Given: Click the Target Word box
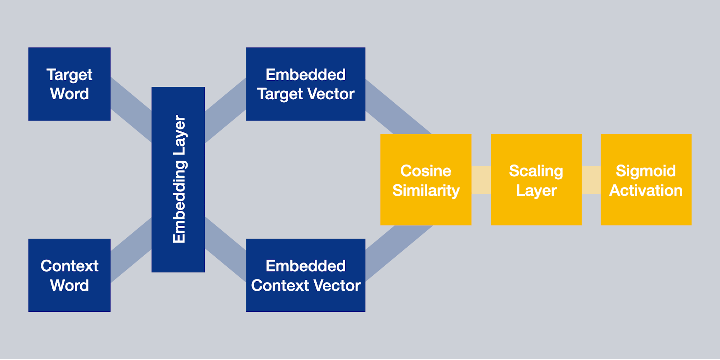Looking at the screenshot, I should point(69,84).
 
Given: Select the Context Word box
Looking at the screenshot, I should point(69,275).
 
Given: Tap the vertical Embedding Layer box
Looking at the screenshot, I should point(178,179).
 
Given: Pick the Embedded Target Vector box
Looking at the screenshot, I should point(305,84).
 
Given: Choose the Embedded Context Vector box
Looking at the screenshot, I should point(305,275).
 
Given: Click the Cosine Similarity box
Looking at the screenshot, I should point(426,180).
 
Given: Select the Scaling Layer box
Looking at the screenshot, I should point(536,180).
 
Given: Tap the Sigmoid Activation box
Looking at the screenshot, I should point(646,180).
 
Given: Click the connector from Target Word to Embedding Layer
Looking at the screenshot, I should point(131,109).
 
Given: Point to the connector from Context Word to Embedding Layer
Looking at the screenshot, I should point(131,249).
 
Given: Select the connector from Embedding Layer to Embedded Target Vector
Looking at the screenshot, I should point(225,109).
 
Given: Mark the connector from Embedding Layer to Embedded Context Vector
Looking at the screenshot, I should point(225,249).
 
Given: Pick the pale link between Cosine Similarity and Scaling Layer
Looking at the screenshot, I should point(481,180).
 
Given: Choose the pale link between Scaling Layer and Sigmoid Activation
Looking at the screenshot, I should point(591,180).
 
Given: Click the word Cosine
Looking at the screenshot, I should point(426,171).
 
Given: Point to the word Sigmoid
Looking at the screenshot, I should point(646,171).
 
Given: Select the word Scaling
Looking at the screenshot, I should point(536,171).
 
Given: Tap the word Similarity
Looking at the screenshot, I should point(426,190).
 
